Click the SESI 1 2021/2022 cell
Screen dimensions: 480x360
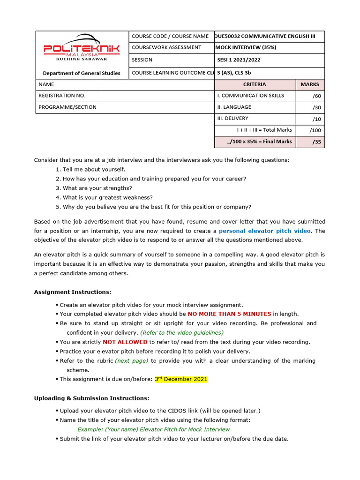tap(239, 60)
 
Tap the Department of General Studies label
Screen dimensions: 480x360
tap(82, 73)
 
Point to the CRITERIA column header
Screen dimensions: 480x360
tap(255, 84)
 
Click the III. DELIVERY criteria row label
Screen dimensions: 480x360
tap(232, 119)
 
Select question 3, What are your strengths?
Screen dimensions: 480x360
tap(91, 188)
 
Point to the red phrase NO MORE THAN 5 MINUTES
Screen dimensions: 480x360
tap(229, 314)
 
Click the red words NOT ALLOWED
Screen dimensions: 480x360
tap(125, 342)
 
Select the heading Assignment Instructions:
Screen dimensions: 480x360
tap(73, 292)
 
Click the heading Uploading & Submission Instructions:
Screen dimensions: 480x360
tap(91, 398)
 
